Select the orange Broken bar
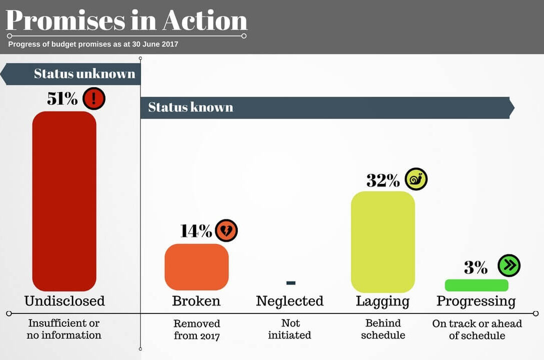196,267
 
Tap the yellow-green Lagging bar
383,242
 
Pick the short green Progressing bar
476,285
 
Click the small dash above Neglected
291,283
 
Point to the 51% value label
62,98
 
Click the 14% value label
196,230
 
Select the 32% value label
383,180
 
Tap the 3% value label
476,267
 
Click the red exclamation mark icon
94,98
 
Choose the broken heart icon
226,230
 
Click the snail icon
416,179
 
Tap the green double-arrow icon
509,265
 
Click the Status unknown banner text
84,74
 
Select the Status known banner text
190,107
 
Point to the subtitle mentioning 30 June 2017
93,44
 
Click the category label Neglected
290,301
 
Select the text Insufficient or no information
64,329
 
